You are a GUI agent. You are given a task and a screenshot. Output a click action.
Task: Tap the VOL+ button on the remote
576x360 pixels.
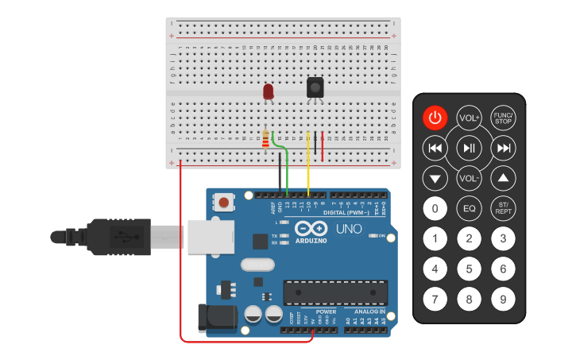469,118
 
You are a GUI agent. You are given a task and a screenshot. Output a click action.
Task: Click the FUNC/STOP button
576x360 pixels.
503,118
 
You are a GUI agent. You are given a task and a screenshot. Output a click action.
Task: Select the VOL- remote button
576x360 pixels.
469,177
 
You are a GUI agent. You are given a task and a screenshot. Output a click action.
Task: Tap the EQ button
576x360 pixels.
469,209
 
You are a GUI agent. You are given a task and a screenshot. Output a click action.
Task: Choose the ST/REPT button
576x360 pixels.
503,209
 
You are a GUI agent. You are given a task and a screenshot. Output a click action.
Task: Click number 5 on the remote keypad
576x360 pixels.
469,269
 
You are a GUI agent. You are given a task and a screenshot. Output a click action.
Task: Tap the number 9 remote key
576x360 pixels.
503,300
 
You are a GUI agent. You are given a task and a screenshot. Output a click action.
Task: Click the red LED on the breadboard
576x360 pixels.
269,92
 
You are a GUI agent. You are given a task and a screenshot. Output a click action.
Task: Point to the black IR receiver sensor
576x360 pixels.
315,87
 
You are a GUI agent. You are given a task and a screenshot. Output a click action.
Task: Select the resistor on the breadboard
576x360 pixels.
265,140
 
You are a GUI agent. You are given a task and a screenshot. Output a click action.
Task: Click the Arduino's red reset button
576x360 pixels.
225,203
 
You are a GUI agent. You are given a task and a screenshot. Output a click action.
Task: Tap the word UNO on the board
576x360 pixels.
349,229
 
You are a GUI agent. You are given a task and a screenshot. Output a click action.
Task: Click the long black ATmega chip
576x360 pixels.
336,292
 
